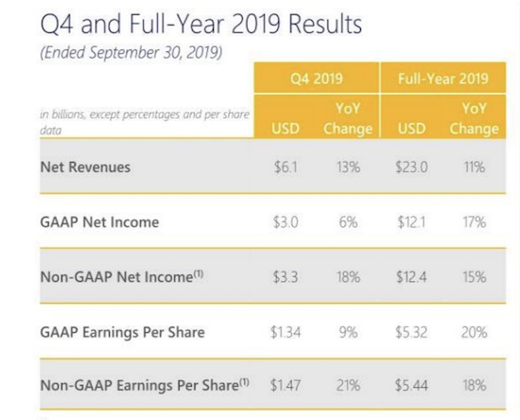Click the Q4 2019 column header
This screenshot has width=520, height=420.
coord(317,79)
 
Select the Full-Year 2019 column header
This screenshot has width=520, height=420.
coord(442,79)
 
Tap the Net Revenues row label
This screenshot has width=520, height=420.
coord(85,166)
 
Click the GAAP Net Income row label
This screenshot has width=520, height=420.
coord(99,222)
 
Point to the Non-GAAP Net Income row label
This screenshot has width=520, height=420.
coord(122,276)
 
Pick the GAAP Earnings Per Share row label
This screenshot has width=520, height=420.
coord(122,332)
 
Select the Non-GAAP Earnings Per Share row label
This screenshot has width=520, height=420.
coord(145,385)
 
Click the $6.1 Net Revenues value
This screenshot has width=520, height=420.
coord(286,166)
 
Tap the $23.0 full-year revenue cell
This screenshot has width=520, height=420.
coord(411,166)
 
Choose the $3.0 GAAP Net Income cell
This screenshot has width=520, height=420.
coord(286,222)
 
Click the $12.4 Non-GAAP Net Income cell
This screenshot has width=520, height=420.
coord(411,276)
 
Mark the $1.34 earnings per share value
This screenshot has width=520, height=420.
coord(286,332)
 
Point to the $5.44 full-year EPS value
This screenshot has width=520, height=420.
coord(411,385)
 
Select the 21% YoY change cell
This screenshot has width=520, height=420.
coord(348,385)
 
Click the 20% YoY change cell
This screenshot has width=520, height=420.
coord(474,332)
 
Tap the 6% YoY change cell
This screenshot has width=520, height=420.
coord(348,222)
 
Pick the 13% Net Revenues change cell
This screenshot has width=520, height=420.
coord(348,166)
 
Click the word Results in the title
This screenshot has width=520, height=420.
coord(325,24)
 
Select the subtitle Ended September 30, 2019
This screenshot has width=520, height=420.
coord(131,52)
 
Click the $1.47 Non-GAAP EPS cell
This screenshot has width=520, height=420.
coord(286,385)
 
